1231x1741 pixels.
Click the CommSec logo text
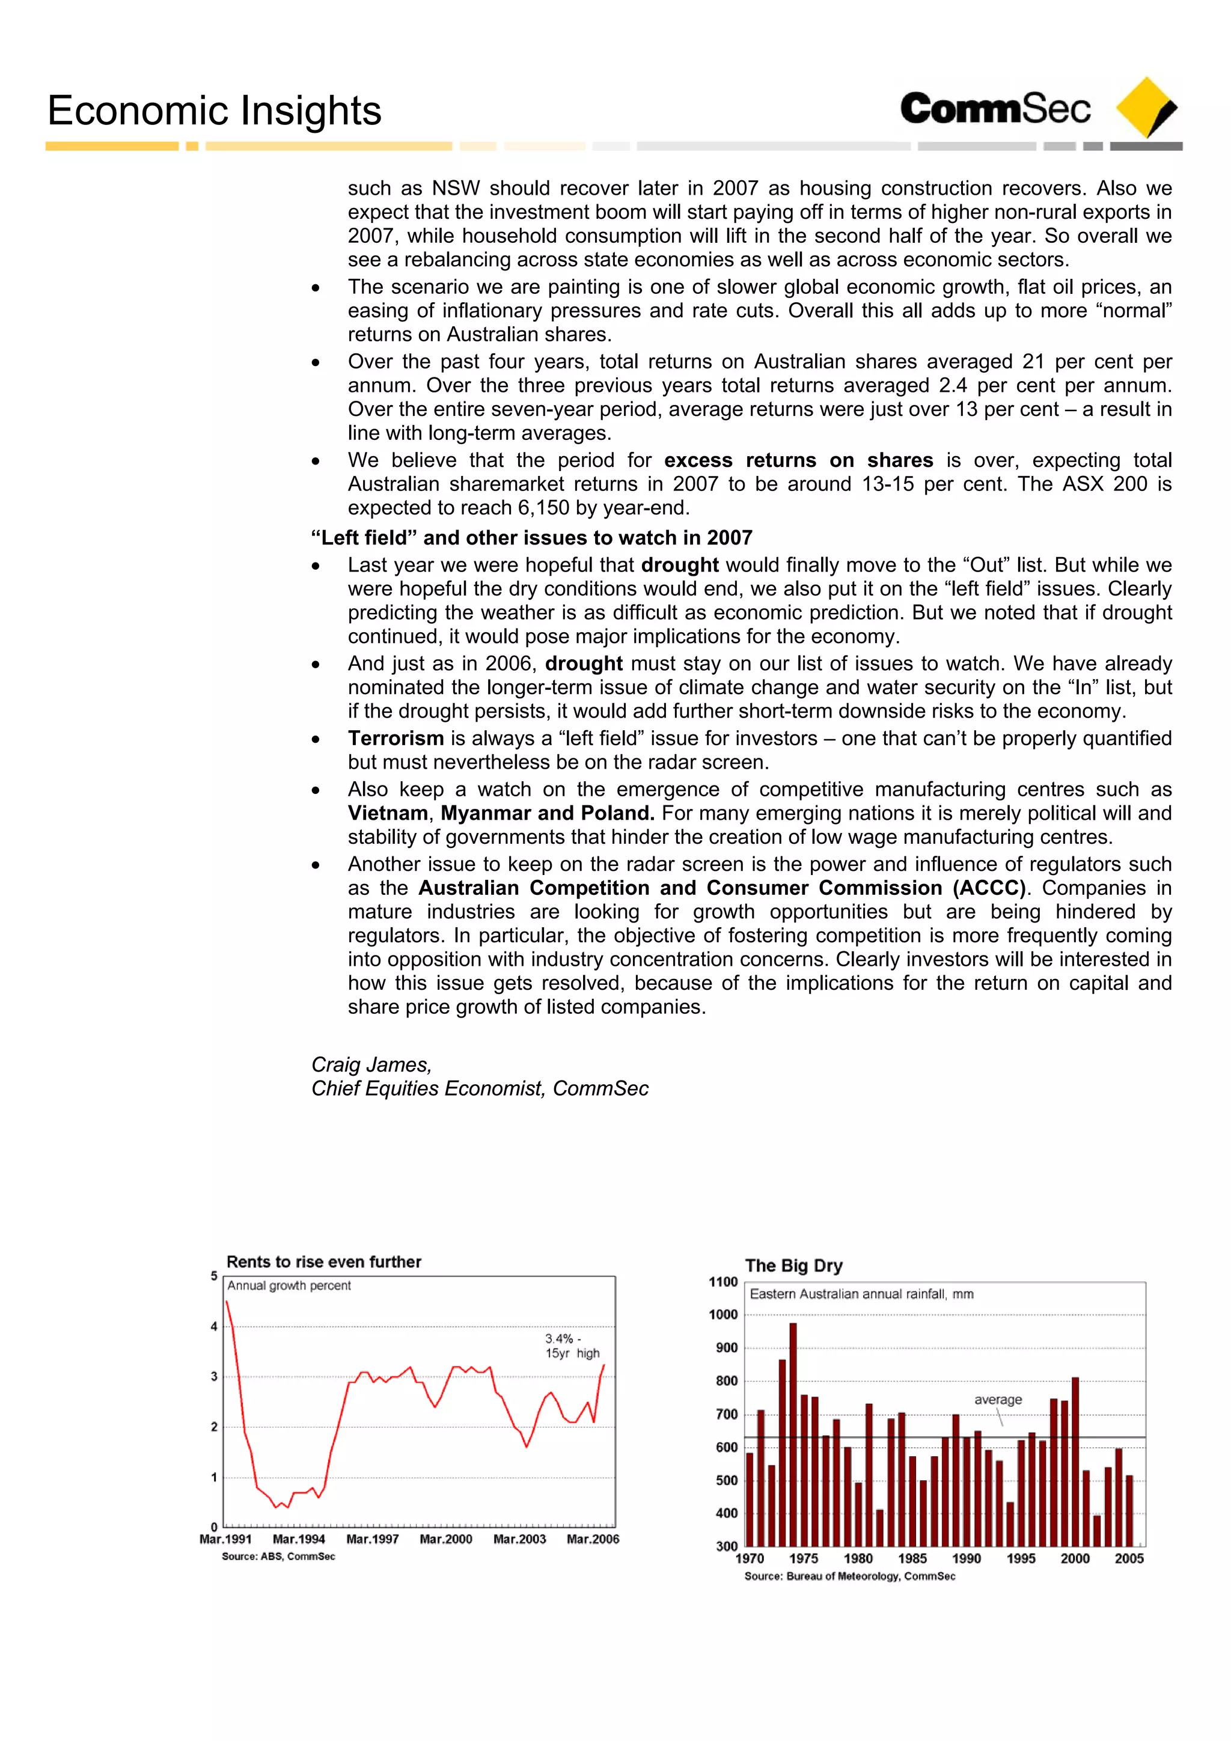(x=995, y=108)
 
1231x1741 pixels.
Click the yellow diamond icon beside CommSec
(x=1145, y=108)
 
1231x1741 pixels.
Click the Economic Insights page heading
(x=214, y=111)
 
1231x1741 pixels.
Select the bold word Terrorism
(x=395, y=738)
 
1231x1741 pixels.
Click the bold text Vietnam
(x=388, y=813)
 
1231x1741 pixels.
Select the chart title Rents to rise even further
(x=324, y=1262)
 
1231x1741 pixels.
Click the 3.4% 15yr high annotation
(x=571, y=1346)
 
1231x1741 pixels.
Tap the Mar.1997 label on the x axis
(x=373, y=1539)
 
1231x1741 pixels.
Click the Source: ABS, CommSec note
(x=278, y=1556)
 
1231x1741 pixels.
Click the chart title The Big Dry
(x=793, y=1266)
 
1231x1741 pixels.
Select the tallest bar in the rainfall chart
(x=793, y=1433)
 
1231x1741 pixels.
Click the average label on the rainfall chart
(x=997, y=1400)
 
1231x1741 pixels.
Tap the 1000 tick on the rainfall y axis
(x=723, y=1315)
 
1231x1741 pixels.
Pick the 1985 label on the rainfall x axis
(x=912, y=1558)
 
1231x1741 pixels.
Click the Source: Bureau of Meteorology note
(x=849, y=1576)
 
